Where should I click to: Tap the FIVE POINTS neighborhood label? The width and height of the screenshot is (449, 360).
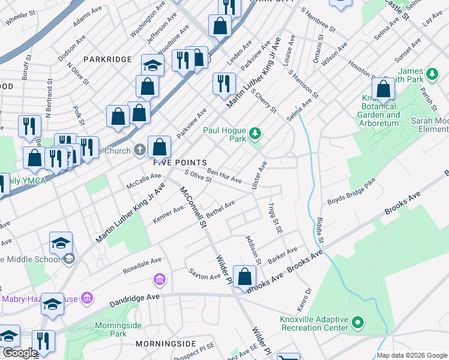coord(179,163)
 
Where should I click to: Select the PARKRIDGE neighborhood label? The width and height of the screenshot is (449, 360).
coord(107,59)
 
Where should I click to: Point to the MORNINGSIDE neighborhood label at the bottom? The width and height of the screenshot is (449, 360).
coord(166,343)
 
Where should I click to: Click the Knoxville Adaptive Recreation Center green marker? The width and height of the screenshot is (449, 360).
coord(358,323)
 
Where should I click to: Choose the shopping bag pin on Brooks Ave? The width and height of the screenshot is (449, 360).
coord(244,278)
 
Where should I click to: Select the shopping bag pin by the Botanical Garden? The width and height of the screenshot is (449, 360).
coord(383,91)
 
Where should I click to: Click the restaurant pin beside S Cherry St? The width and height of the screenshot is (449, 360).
coord(224,84)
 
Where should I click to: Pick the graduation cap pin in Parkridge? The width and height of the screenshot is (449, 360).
coord(152,66)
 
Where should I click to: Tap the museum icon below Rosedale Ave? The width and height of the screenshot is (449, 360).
coord(159,280)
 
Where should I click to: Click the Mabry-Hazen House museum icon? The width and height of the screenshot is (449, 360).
coord(88,298)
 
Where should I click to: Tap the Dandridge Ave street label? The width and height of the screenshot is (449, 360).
coord(134,300)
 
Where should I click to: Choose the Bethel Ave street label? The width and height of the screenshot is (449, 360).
coord(220,210)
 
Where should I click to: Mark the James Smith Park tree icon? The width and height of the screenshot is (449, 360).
coord(432,76)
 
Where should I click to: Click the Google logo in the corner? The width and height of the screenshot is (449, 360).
coord(19,353)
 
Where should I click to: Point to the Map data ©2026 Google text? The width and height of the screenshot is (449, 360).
coord(411,355)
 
